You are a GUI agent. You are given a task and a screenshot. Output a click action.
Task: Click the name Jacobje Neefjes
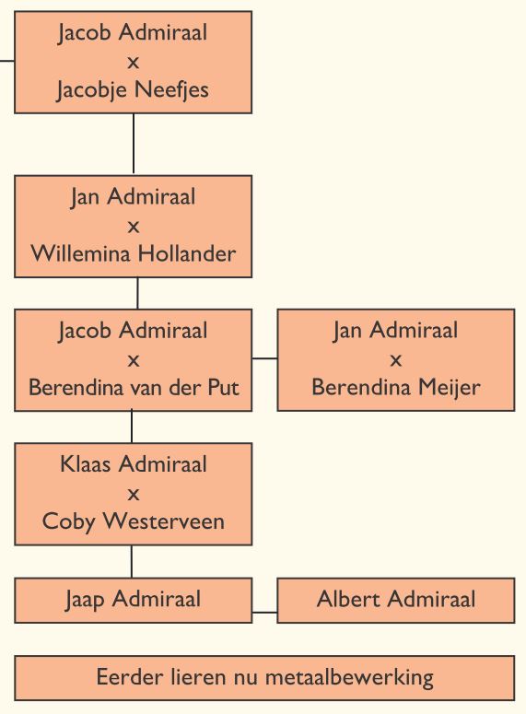[133, 89]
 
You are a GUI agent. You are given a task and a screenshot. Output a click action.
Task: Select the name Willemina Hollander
[134, 253]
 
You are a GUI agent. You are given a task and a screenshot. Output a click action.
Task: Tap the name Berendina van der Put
[134, 388]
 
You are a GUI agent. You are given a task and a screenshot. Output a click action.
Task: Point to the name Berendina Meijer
[396, 388]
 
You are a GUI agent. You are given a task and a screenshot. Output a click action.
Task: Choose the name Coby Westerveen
[134, 521]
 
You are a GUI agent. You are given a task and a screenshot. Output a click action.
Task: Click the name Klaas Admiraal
[134, 464]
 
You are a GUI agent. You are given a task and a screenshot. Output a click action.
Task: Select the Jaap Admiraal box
[133, 600]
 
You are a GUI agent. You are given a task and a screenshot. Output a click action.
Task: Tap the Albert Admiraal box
[396, 600]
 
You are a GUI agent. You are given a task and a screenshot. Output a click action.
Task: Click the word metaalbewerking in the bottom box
[349, 677]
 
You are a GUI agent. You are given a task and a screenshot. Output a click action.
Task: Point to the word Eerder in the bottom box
[129, 677]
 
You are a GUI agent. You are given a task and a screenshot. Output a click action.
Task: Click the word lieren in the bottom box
[199, 677]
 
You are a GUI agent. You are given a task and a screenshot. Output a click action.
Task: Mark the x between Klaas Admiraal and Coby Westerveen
[134, 494]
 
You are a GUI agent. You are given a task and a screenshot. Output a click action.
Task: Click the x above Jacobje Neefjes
[133, 63]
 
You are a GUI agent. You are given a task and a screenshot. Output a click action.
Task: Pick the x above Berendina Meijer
[396, 360]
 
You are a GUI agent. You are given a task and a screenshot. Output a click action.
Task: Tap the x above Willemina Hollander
[134, 227]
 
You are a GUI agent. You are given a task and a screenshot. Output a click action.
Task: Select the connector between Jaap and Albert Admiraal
[264, 613]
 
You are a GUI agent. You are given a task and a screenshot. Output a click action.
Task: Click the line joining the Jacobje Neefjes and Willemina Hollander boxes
[134, 144]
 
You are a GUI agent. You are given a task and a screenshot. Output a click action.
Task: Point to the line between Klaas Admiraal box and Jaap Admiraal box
[132, 561]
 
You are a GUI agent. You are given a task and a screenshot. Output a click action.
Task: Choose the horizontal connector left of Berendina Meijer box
[264, 358]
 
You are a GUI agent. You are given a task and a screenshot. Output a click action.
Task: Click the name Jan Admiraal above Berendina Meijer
[395, 331]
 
